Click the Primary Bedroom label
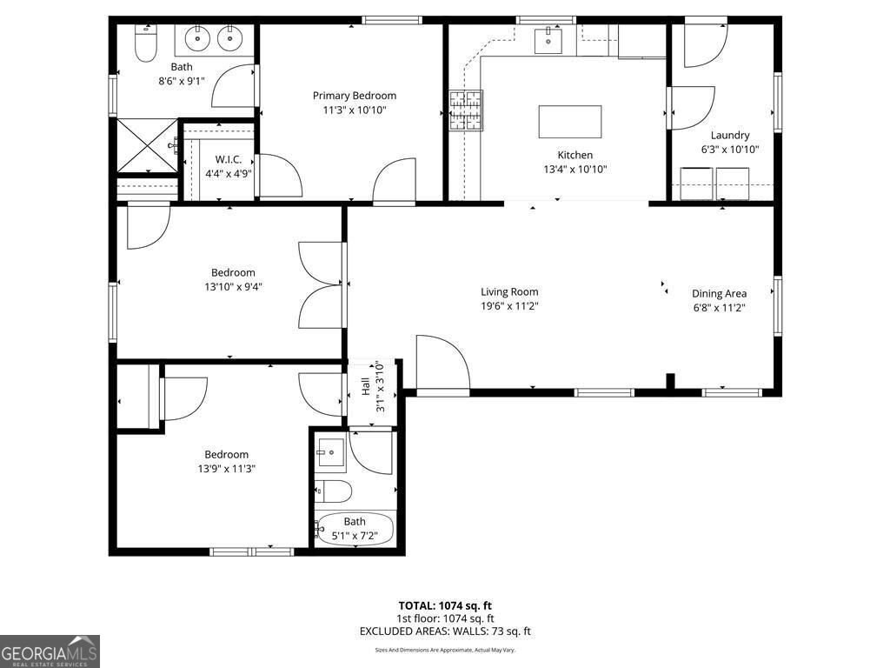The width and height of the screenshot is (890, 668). tap(355, 96)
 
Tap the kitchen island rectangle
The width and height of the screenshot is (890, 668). tap(570, 122)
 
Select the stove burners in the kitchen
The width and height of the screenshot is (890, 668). tap(466, 110)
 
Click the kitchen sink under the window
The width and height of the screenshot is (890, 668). tap(548, 40)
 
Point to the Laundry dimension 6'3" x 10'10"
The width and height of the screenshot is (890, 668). tap(730, 150)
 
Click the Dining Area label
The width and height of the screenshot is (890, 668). tap(719, 293)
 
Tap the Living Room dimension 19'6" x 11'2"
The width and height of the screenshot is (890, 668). tap(509, 306)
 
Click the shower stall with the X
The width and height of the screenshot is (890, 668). tap(146, 146)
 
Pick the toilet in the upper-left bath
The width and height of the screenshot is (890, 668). tap(145, 43)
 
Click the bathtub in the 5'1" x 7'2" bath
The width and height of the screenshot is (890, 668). tap(355, 528)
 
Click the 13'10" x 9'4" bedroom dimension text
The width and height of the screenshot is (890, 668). tap(233, 286)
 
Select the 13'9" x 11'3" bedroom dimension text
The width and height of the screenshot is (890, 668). tap(226, 468)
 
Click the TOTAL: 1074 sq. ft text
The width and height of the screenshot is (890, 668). tap(445, 605)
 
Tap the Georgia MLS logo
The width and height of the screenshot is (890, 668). tap(50, 651)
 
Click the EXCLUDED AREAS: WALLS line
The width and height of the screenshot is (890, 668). tap(445, 631)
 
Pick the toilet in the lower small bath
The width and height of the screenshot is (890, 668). tap(333, 491)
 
